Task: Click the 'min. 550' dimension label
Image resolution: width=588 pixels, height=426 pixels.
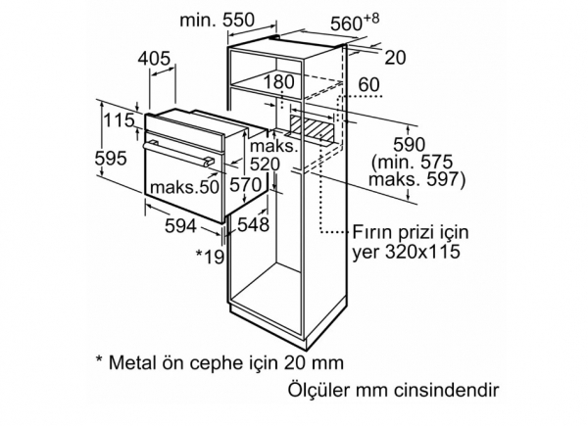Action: pyautogui.click(x=217, y=20)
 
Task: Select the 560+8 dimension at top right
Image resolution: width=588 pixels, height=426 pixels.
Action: pyautogui.click(x=355, y=23)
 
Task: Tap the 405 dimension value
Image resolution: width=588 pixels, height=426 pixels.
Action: pyautogui.click(x=154, y=59)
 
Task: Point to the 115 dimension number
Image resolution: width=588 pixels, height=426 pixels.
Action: pyautogui.click(x=119, y=120)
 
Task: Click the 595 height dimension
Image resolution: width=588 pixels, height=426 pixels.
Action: pyautogui.click(x=111, y=158)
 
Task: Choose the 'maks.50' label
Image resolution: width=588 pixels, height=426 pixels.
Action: pyautogui.click(x=184, y=187)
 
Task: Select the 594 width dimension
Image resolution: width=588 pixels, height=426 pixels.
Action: pyautogui.click(x=180, y=225)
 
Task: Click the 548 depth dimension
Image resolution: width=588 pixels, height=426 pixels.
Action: pyautogui.click(x=253, y=224)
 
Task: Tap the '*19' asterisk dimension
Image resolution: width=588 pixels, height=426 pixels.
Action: pyautogui.click(x=211, y=257)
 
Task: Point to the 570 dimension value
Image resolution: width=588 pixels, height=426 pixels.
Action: pyautogui.click(x=245, y=185)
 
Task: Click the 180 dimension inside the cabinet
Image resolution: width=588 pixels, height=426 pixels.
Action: pyautogui.click(x=279, y=82)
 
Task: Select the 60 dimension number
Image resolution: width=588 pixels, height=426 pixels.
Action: pyautogui.click(x=369, y=85)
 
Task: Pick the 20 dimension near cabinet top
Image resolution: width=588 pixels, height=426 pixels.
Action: pyautogui.click(x=396, y=58)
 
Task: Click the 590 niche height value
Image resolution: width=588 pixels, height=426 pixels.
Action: pyautogui.click(x=409, y=145)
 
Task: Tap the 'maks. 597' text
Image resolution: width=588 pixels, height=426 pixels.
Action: pyautogui.click(x=416, y=179)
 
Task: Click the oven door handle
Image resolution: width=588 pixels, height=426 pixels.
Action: pyautogui.click(x=176, y=152)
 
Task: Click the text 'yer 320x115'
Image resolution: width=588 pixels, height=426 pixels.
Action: pyautogui.click(x=406, y=251)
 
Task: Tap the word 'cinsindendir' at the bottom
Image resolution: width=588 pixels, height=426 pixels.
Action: pyautogui.click(x=447, y=390)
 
